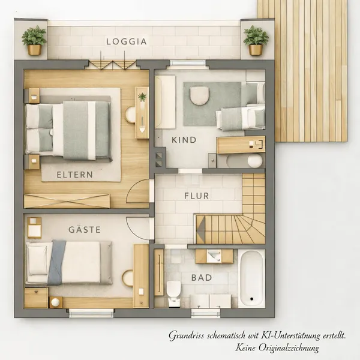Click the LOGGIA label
click(127, 41)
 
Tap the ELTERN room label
click(75, 175)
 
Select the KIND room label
click(184, 140)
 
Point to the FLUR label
click(197, 196)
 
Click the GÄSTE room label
click(85, 229)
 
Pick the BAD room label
click(202, 278)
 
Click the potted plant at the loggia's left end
click(34, 40)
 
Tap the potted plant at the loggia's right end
click(256, 40)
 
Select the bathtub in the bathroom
click(251, 278)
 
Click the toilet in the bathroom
click(173, 293)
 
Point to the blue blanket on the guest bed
click(56, 262)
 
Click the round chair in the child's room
click(200, 96)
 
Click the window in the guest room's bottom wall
click(91, 313)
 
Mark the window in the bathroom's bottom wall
click(205, 313)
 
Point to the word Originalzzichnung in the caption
click(289, 347)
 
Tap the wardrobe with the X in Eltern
click(67, 201)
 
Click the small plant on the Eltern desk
click(142, 97)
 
